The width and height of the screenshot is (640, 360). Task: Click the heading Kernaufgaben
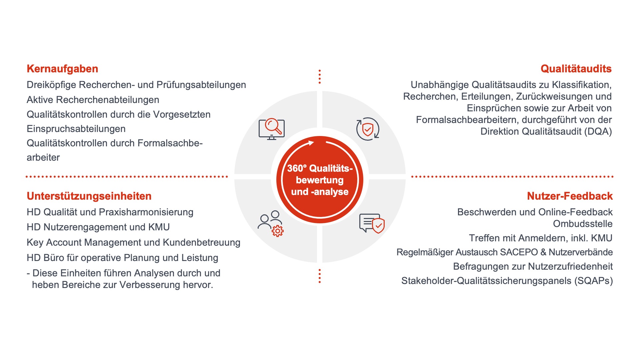point(62,69)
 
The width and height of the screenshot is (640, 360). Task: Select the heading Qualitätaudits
point(576,69)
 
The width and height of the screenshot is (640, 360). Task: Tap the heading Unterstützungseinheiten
point(89,196)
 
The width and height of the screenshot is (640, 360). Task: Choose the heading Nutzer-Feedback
point(570,196)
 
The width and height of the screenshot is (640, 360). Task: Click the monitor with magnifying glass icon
point(272,129)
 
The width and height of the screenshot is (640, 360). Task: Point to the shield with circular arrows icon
point(368,129)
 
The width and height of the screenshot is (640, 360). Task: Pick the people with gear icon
point(271,223)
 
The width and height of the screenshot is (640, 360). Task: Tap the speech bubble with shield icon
point(372,223)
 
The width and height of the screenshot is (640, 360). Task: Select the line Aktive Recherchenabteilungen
point(93,100)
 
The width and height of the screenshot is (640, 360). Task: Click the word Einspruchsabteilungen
point(76,129)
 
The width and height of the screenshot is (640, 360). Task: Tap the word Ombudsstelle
point(583,224)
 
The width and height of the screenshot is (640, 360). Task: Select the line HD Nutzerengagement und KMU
point(98,227)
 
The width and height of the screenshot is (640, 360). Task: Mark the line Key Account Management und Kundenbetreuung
point(134,242)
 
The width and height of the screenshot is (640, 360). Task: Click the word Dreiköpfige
point(51,85)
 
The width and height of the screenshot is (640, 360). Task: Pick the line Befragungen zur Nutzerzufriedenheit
point(533,266)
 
